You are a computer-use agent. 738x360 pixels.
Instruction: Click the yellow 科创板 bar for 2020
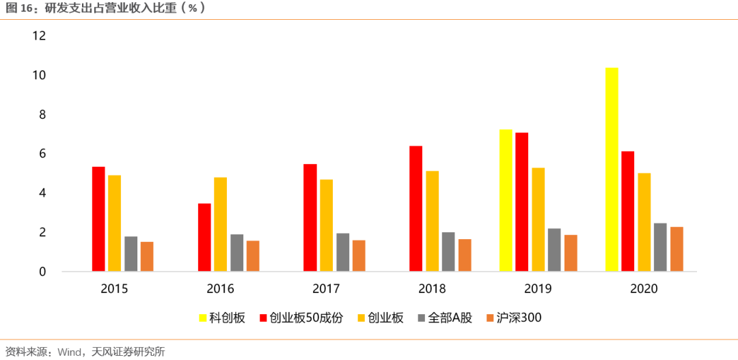pyautogui.click(x=612, y=170)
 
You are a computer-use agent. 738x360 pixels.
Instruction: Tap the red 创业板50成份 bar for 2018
pyautogui.click(x=415, y=209)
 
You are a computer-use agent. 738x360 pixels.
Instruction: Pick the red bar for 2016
pyautogui.click(x=204, y=238)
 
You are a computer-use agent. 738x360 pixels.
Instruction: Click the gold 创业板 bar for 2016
pyautogui.click(x=220, y=225)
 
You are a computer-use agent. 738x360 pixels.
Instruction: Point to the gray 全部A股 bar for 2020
pyautogui.click(x=660, y=247)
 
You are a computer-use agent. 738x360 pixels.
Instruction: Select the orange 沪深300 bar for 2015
pyautogui.click(x=147, y=257)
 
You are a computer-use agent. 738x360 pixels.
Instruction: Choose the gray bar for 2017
pyautogui.click(x=342, y=253)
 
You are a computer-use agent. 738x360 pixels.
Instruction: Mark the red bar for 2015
pyautogui.click(x=98, y=219)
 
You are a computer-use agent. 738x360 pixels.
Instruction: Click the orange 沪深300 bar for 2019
pyautogui.click(x=571, y=253)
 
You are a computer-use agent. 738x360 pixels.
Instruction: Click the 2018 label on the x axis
pyautogui.click(x=432, y=289)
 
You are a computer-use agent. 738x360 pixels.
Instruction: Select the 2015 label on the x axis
pyautogui.click(x=114, y=289)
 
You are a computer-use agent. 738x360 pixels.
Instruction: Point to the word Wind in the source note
pyautogui.click(x=71, y=352)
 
